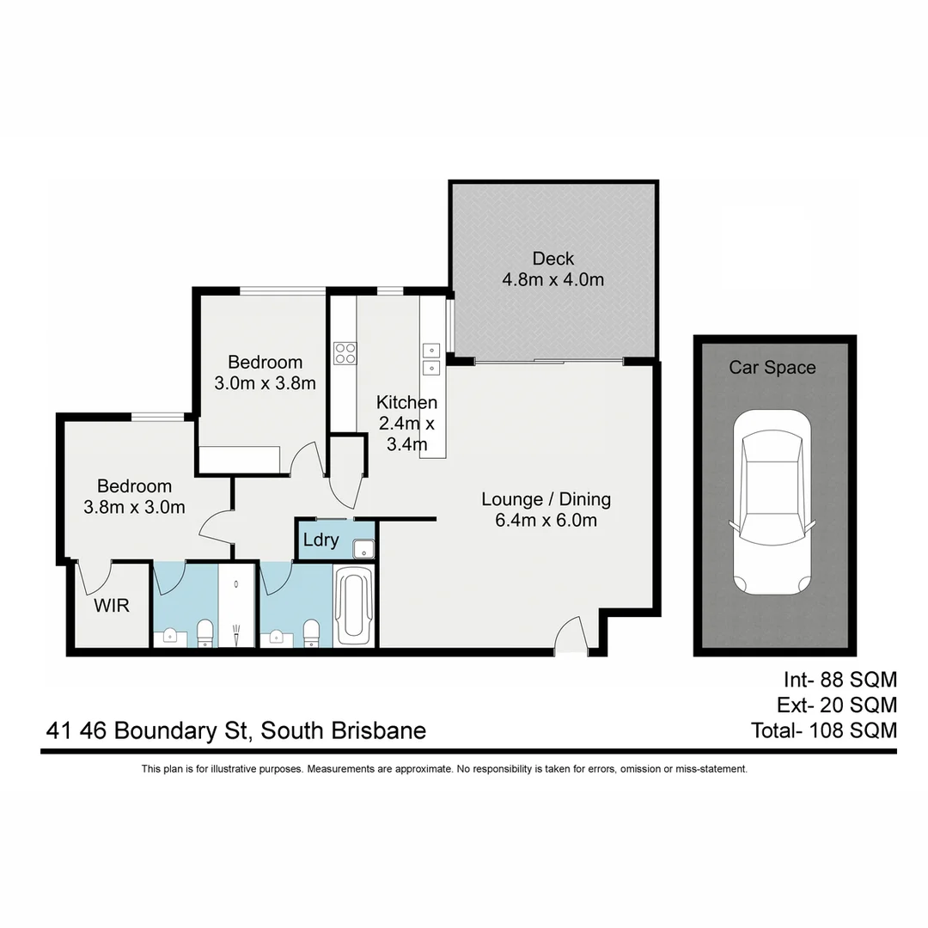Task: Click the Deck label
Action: pos(553,259)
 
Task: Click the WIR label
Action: pos(112,606)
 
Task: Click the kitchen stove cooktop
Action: pos(345,352)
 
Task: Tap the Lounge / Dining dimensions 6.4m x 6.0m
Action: pos(546,520)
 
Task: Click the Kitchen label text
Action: pos(406,402)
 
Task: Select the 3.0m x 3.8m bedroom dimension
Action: pos(265,383)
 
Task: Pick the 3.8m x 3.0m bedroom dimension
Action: pos(134,507)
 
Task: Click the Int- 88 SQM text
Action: pos(839,681)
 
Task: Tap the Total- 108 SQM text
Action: pos(823,730)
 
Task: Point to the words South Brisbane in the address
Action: pos(344,731)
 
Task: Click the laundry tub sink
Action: pos(364,546)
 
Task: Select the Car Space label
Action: pos(772,368)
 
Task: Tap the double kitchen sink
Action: pos(431,359)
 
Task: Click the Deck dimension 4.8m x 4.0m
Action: pos(553,280)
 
